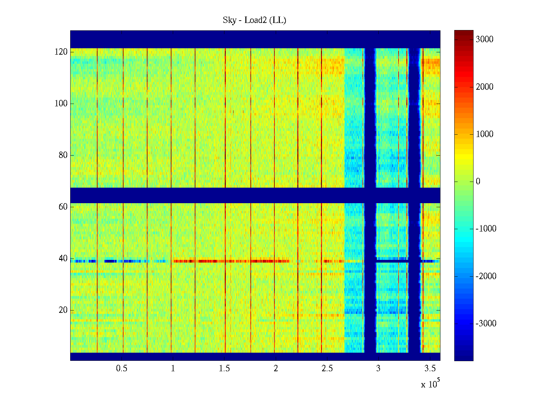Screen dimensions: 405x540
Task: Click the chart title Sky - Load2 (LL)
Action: point(254,20)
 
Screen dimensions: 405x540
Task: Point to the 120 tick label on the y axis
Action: point(61,52)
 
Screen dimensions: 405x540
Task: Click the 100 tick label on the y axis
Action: point(61,104)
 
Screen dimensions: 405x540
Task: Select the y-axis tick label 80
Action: point(63,155)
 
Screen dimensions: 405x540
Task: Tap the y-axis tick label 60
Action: point(63,207)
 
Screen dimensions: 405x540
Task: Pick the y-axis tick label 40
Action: point(63,259)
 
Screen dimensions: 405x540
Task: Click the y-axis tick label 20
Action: point(63,310)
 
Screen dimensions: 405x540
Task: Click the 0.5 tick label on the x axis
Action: point(122,369)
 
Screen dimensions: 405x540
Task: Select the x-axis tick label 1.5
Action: point(224,369)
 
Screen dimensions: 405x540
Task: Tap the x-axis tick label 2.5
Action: point(327,369)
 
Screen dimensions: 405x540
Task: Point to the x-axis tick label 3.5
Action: point(430,369)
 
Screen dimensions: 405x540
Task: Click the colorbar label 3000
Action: point(484,39)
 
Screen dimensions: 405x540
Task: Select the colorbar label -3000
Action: point(486,324)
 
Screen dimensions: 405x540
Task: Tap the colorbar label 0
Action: point(478,182)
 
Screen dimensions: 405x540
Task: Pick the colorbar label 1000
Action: point(484,134)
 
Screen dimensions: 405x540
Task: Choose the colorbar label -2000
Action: point(486,276)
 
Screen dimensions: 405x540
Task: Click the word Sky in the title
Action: point(230,20)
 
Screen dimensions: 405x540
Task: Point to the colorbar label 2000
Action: point(484,87)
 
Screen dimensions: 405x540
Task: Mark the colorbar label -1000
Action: point(486,229)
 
